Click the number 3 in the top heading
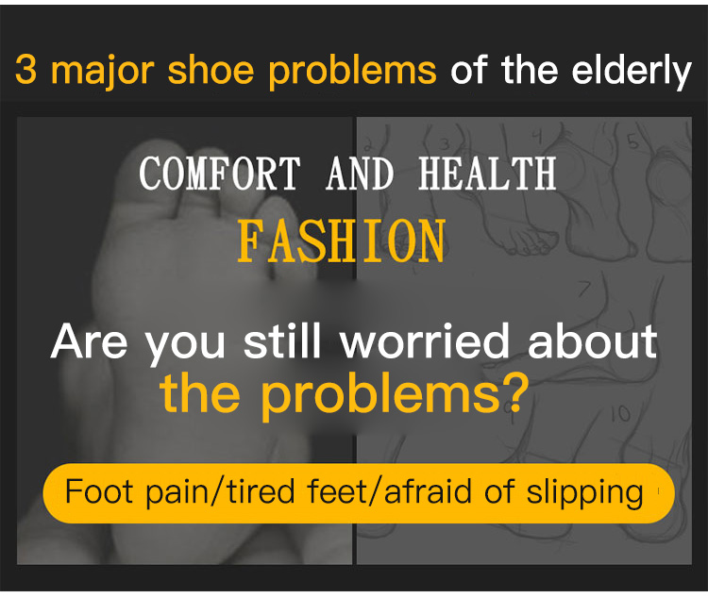(25, 70)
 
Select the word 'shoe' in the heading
(211, 70)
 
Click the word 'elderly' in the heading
(632, 72)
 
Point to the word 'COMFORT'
(219, 174)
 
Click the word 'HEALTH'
(487, 174)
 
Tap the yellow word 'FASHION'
(342, 241)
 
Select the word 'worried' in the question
(425, 341)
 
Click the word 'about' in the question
(592, 341)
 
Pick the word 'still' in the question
(282, 341)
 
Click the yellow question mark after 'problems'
(515, 391)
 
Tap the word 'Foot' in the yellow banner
(99, 491)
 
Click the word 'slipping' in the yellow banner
(584, 493)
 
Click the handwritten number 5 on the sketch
(632, 141)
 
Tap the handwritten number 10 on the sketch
(621, 413)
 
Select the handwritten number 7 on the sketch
(584, 289)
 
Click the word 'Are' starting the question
(89, 341)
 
